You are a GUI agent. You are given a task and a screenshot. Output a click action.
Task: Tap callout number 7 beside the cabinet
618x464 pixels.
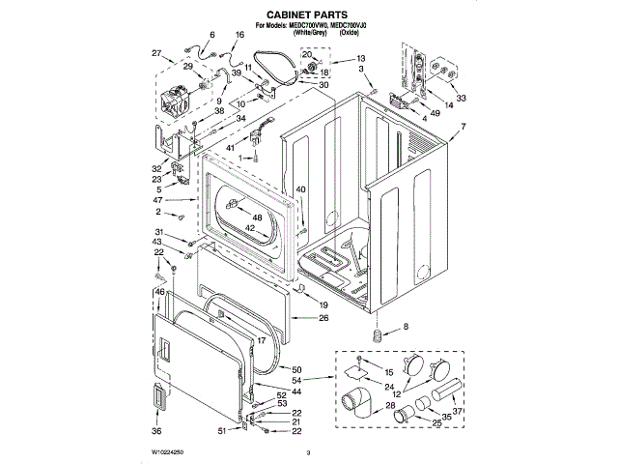[x=463, y=128]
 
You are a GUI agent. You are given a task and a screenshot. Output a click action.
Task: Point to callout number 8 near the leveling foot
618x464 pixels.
[x=406, y=328]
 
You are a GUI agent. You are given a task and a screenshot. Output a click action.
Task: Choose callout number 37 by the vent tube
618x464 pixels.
[x=459, y=411]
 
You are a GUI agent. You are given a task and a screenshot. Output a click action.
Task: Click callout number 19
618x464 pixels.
[x=323, y=303]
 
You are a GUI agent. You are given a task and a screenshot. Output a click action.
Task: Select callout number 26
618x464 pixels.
[x=323, y=318]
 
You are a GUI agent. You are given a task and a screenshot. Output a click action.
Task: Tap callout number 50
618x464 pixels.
[x=296, y=369]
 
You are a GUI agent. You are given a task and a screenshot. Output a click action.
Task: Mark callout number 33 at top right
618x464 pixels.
[x=462, y=98]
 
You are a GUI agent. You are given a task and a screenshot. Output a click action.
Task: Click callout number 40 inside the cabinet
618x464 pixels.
[x=300, y=189]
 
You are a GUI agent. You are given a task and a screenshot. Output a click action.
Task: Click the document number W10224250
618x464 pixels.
[x=167, y=451]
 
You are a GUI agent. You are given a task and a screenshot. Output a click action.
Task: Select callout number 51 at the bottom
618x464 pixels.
[x=222, y=430]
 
